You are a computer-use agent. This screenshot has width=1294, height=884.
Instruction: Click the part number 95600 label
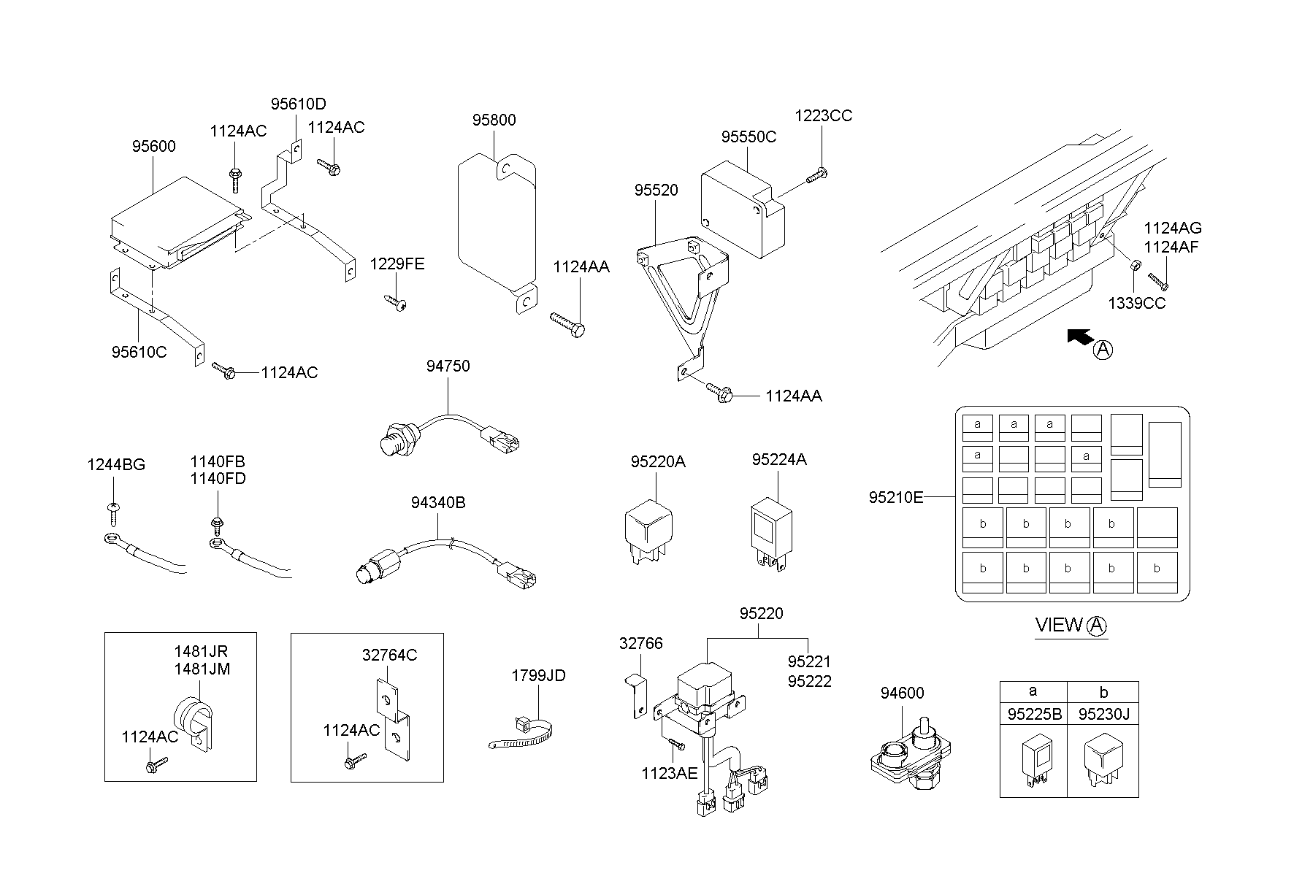[153, 146]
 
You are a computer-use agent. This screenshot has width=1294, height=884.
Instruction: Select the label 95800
[494, 120]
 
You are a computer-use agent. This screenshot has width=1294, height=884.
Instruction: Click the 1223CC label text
[823, 116]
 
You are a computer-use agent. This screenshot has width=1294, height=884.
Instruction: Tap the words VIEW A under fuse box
[1071, 626]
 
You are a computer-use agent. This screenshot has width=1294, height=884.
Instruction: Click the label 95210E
[895, 497]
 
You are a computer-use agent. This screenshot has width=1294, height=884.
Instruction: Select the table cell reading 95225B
[1034, 715]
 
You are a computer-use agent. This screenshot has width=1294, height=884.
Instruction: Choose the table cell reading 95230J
[1103, 715]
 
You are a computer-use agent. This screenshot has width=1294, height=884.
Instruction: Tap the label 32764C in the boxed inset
[389, 656]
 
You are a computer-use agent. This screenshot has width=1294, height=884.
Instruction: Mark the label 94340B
[437, 502]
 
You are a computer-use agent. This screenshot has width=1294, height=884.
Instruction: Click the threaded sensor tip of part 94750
[393, 442]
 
